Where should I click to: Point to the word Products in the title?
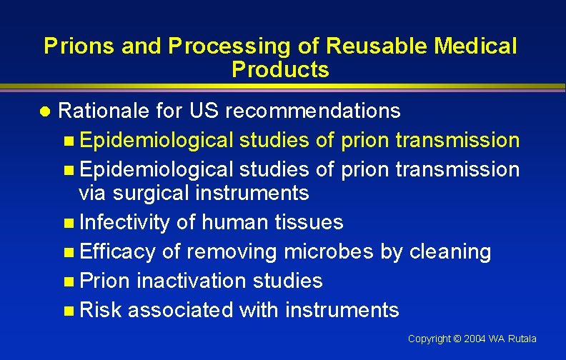[x=280, y=69]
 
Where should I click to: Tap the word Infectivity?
[x=125, y=222]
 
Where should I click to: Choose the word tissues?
[x=308, y=222]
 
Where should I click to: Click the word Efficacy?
[x=118, y=251]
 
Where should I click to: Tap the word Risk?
[x=101, y=310]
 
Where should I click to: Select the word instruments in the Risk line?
[x=342, y=310]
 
